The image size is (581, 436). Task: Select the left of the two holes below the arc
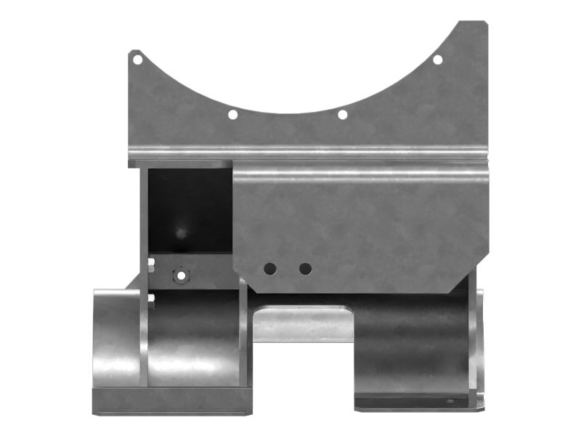[232, 114]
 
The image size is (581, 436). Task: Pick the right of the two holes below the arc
[342, 114]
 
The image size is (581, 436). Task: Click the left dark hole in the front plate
[270, 269]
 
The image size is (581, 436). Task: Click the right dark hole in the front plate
[305, 269]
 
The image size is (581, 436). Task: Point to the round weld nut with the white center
[179, 275]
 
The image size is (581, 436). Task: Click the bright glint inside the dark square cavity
[180, 232]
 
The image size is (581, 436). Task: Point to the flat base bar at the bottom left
[171, 400]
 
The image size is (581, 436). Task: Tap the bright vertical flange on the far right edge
[479, 342]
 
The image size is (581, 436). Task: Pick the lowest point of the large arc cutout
[287, 115]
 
